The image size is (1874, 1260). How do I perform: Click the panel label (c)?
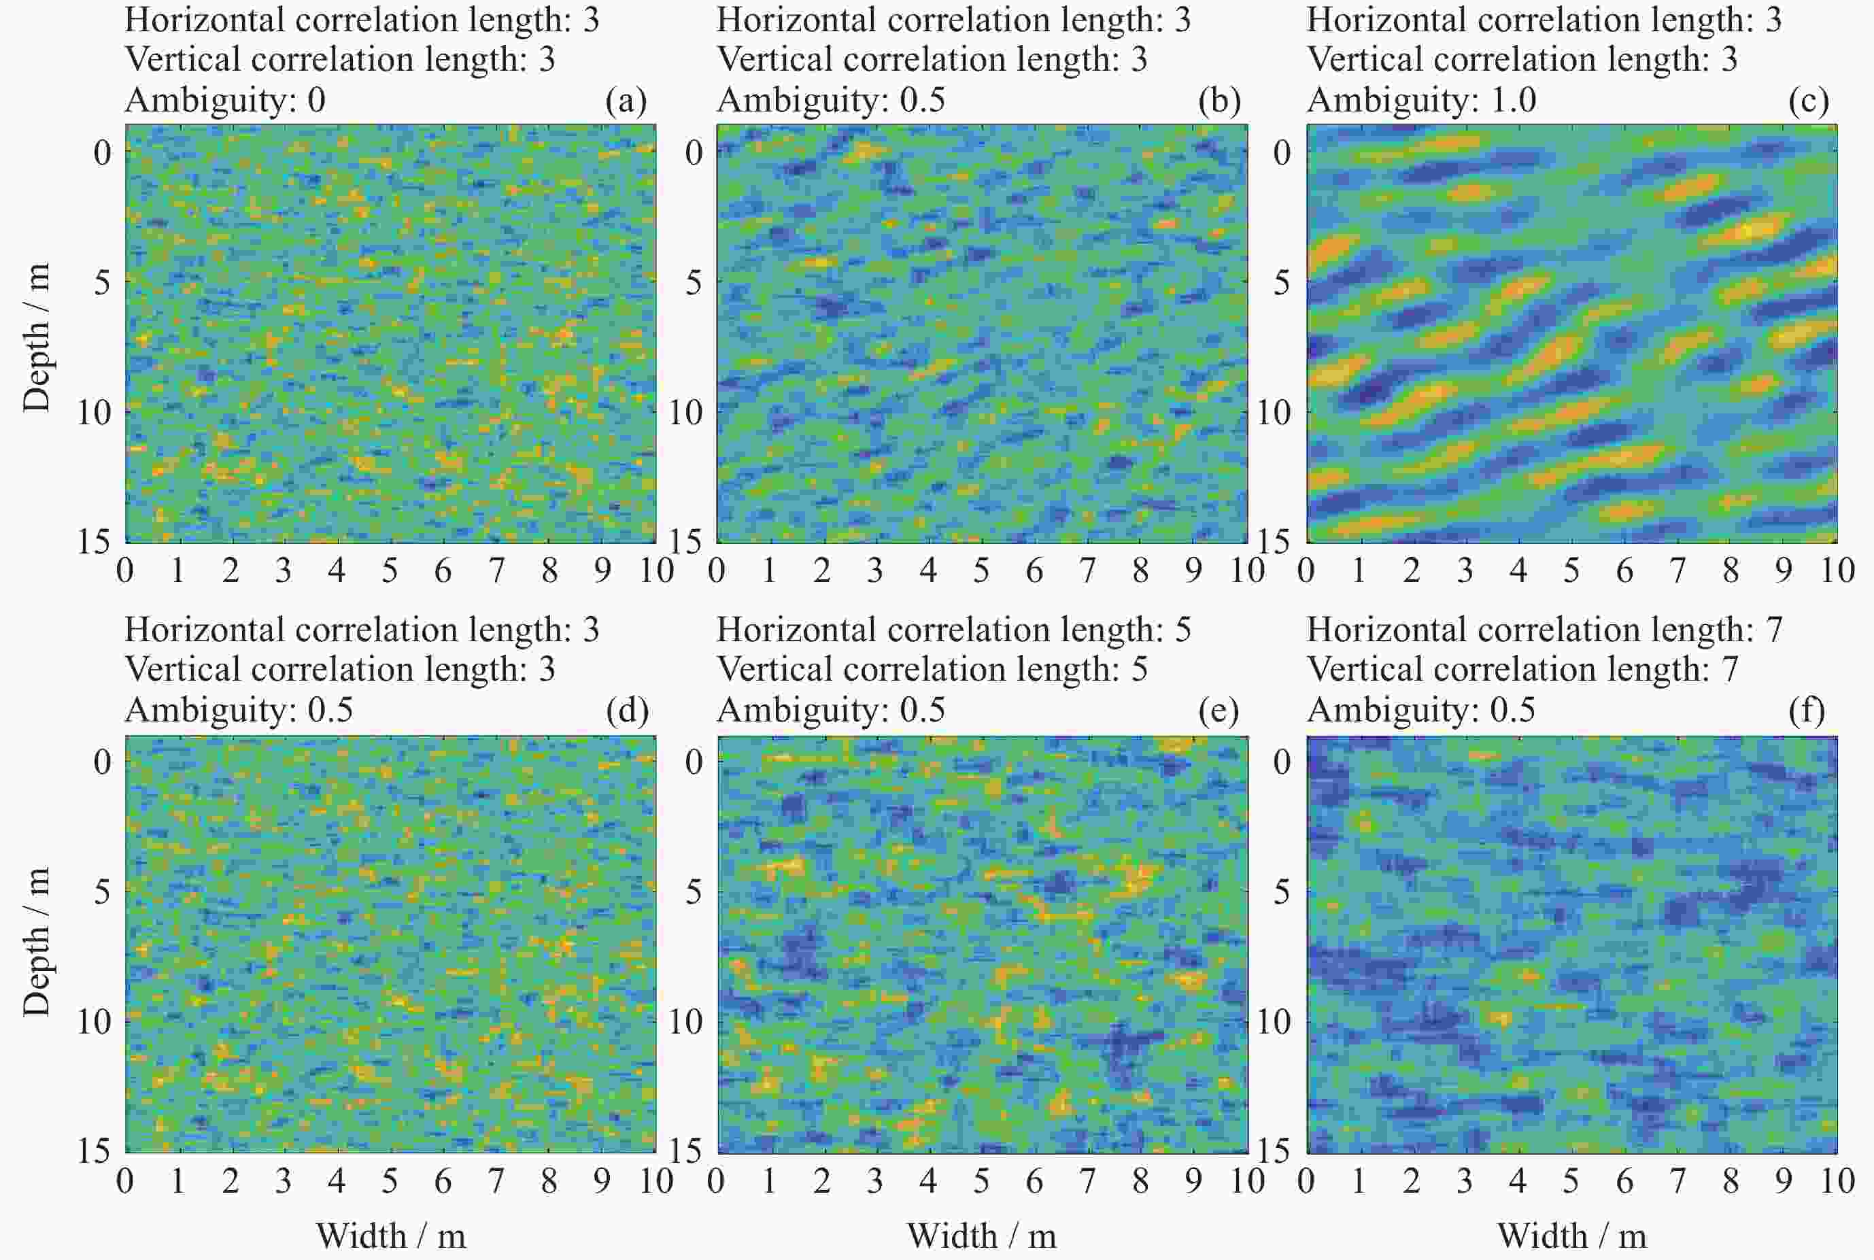pyautogui.click(x=1808, y=101)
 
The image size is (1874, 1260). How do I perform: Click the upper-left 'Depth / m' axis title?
pyautogui.click(x=36, y=337)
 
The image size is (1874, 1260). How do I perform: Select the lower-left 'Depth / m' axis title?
pyautogui.click(x=36, y=942)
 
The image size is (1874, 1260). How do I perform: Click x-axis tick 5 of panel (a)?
pyautogui.click(x=390, y=571)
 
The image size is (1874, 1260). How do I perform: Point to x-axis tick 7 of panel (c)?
pyautogui.click(x=1677, y=571)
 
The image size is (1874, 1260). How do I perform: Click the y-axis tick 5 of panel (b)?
pyautogui.click(x=693, y=283)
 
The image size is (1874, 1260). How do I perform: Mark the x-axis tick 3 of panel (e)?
pyautogui.click(x=874, y=1181)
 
